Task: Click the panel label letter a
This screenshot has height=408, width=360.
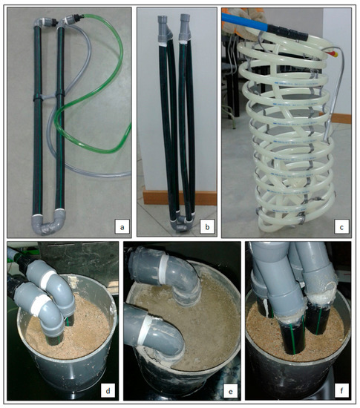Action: point(122,227)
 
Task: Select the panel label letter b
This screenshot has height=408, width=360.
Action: point(207,227)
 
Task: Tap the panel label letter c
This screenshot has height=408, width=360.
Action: point(341,227)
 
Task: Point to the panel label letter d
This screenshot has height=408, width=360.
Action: point(108,390)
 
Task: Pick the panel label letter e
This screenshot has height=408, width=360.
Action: point(230,391)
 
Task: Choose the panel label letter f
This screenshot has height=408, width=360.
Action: point(341,390)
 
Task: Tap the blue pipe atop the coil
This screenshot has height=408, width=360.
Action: point(245,21)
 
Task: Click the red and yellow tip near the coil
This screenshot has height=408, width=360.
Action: point(333,53)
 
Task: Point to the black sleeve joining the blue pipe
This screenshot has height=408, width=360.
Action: point(287,33)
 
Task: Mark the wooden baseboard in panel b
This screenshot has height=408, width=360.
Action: point(180,198)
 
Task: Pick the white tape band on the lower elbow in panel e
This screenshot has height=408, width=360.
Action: point(144,331)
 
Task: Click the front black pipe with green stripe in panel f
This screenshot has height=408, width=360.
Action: point(292,338)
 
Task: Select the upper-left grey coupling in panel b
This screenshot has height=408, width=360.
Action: point(164,29)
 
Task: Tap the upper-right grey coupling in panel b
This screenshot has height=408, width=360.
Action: point(185,27)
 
